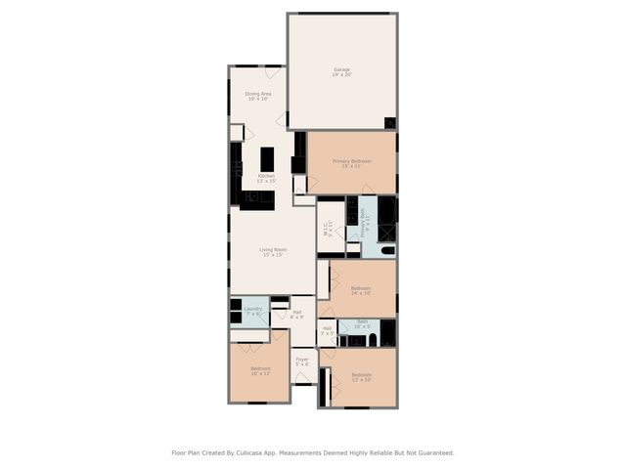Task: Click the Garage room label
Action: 341,71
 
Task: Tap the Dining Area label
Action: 258,96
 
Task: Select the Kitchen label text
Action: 266,178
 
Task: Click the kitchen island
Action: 267,158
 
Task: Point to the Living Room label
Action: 273,251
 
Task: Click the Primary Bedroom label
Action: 351,162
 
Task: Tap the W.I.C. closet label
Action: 329,230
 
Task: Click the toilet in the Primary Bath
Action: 387,251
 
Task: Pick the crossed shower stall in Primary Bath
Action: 387,233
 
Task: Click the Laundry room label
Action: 253,310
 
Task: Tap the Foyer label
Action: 302,362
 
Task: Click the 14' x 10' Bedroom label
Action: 361,289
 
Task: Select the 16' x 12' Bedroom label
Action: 260,370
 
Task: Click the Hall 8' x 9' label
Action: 296,314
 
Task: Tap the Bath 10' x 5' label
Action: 361,323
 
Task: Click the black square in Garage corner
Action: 390,122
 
